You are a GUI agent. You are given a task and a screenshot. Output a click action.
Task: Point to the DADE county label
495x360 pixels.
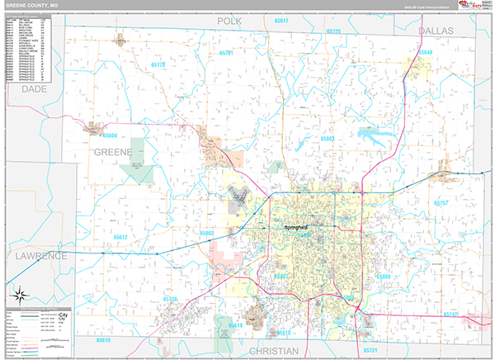pyautogui.click(x=35, y=88)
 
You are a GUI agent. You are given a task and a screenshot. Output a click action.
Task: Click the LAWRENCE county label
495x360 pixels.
pyautogui.click(x=40, y=257)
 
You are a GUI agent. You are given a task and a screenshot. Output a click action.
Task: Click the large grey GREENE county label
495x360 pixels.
pyautogui.click(x=112, y=153)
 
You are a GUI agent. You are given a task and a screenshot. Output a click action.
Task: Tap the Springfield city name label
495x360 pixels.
pyautogui.click(x=295, y=226)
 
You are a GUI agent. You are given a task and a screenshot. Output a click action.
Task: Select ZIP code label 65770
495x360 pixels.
pyautogui.click(x=158, y=64)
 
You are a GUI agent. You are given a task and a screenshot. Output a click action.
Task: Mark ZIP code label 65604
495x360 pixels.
pyautogui.click(x=110, y=135)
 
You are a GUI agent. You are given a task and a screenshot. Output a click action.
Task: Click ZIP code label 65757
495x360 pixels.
pyautogui.click(x=441, y=202)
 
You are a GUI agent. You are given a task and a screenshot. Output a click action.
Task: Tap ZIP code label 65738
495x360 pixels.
pyautogui.click(x=171, y=299)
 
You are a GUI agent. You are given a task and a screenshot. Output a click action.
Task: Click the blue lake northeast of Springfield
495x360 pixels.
pyautogui.click(x=375, y=133)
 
